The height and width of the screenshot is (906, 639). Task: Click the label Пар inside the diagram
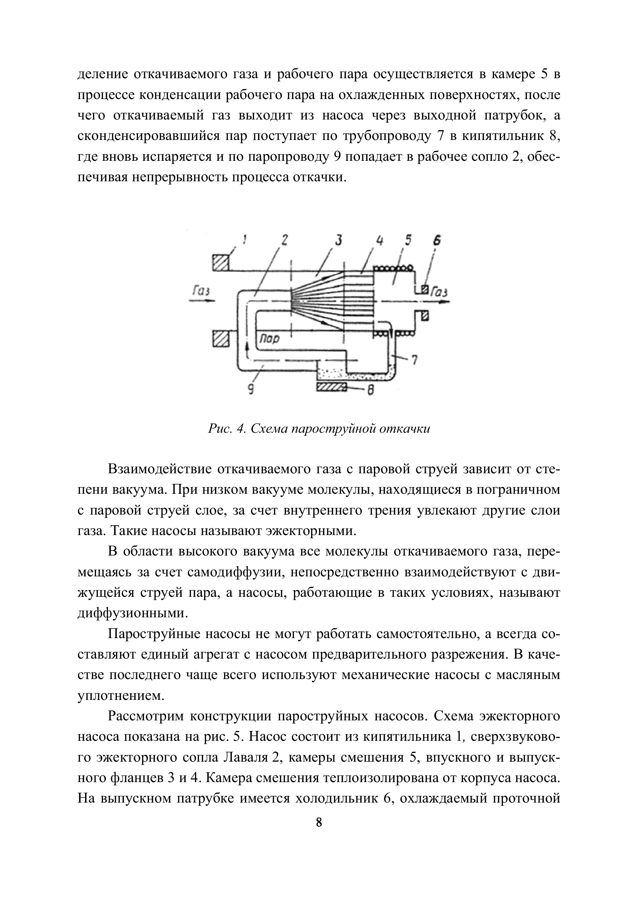pos(269,339)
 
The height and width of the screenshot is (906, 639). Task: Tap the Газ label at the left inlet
pos(201,291)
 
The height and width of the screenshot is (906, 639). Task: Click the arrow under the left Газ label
pos(202,301)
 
